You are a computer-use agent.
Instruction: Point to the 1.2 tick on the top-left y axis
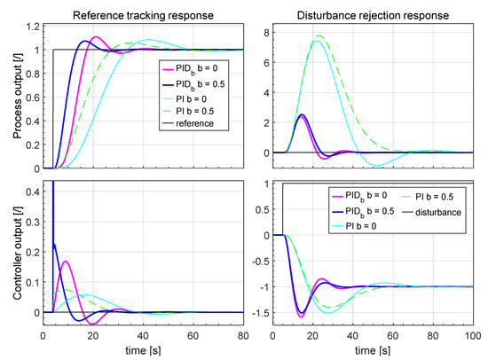tap(31, 26)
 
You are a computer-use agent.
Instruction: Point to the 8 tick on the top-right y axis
tap(273, 31)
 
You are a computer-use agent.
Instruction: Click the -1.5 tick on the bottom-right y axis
tap(268, 312)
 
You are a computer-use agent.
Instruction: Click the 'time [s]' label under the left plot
tap(143, 351)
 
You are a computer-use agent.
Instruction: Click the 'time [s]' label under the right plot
tap(378, 351)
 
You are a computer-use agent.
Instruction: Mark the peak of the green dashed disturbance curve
tap(319, 35)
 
